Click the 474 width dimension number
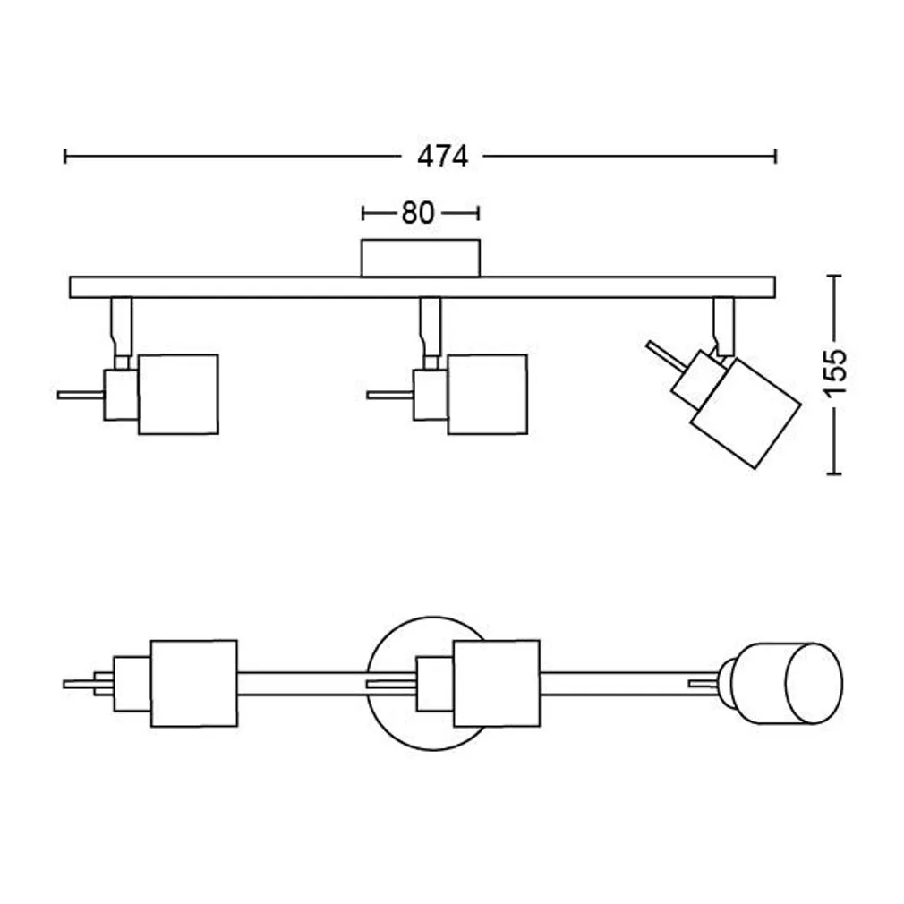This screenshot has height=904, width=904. click(x=442, y=157)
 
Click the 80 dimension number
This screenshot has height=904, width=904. click(x=417, y=213)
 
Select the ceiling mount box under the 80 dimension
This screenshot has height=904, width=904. click(x=420, y=258)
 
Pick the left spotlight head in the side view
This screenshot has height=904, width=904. click(x=178, y=394)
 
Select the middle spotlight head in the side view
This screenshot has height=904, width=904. click(x=487, y=394)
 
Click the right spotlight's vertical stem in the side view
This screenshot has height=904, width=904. click(x=724, y=322)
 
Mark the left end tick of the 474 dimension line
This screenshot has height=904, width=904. click(x=65, y=157)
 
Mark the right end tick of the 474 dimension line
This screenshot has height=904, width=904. click(x=775, y=157)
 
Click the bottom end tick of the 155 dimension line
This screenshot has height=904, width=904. click(x=833, y=474)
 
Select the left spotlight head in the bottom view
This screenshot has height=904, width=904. click(x=193, y=683)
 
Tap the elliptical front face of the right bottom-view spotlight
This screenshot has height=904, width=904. click(x=813, y=682)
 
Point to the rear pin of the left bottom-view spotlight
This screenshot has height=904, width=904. click(x=79, y=684)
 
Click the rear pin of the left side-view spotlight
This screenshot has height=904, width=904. click(x=81, y=394)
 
